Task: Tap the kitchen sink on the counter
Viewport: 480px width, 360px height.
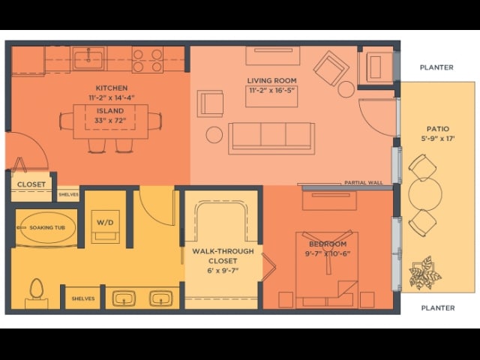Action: click(88, 58)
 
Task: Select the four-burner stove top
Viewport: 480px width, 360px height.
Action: click(148, 59)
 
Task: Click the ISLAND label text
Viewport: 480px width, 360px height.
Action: click(110, 111)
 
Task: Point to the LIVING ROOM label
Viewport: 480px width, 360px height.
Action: click(271, 80)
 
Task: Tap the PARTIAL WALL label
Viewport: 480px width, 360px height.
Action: click(364, 182)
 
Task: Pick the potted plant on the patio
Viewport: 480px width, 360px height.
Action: click(425, 273)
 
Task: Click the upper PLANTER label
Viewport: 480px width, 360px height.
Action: click(436, 67)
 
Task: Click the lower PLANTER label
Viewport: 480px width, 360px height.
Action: click(437, 307)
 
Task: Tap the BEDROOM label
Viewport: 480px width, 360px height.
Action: click(327, 244)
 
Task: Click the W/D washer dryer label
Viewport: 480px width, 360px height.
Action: click(103, 222)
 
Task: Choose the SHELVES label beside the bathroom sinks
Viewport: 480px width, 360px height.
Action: click(82, 298)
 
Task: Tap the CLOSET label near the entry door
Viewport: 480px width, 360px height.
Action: click(31, 184)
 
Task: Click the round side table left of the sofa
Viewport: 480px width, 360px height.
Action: click(214, 134)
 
